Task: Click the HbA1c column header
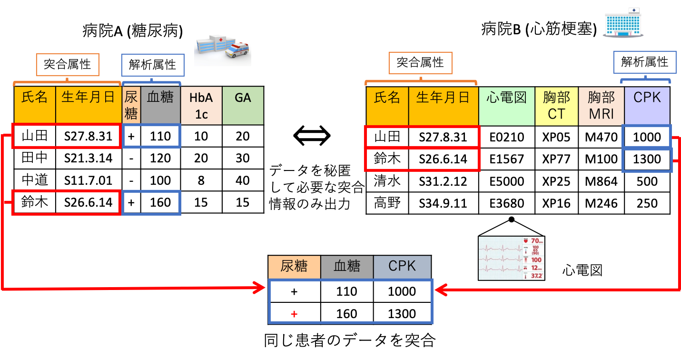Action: (x=201, y=105)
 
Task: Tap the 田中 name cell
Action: (x=35, y=159)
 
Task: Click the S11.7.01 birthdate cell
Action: (x=89, y=180)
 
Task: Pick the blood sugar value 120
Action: (x=160, y=159)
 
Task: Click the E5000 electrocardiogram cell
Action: (x=507, y=181)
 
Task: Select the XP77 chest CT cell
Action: (x=556, y=159)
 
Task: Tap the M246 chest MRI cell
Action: (x=601, y=203)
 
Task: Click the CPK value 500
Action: (x=647, y=181)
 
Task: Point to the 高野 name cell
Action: (x=387, y=203)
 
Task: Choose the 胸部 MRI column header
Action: (x=601, y=105)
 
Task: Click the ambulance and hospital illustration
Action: (x=222, y=46)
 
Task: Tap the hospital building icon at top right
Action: (x=623, y=23)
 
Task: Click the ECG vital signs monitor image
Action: (x=511, y=258)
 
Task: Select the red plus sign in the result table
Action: (x=294, y=314)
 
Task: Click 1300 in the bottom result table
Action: (x=402, y=314)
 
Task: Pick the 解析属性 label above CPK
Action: (x=644, y=62)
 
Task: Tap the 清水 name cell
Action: (x=387, y=181)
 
